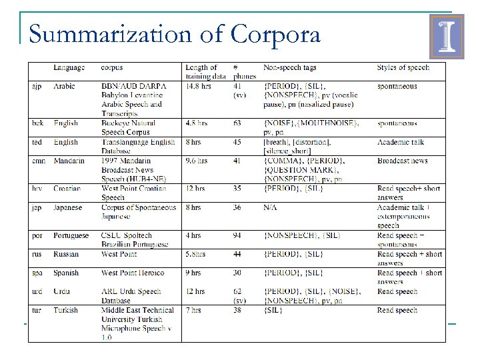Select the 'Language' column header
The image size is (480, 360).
69,67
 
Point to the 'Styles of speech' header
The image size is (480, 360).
403,67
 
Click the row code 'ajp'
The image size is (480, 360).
37,86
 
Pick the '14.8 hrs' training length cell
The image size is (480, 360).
199,86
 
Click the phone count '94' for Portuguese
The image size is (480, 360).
238,235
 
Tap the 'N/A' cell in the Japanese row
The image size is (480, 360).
271,207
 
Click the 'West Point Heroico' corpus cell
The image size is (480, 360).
132,273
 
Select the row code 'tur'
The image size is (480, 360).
37,310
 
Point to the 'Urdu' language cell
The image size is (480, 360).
63,291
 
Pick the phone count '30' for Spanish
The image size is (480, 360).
238,273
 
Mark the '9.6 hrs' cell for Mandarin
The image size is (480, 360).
197,161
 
